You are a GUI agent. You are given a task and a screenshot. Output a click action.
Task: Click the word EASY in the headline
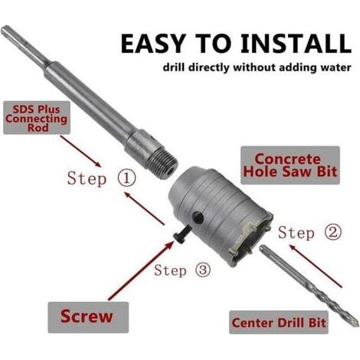pyautogui.click(x=152, y=43)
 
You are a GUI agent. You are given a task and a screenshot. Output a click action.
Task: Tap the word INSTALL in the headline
pyautogui.click(x=296, y=43)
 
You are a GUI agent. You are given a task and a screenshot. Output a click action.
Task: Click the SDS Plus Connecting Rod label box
pyautogui.click(x=37, y=118)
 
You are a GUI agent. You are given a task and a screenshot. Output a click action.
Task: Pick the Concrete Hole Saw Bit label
pyautogui.click(x=290, y=165)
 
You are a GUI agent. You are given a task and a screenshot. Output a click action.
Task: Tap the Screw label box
pyautogui.click(x=88, y=317)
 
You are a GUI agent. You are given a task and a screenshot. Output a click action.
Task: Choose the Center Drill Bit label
pyautogui.click(x=279, y=322)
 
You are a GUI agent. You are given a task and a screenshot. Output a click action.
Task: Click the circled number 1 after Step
pyautogui.click(x=126, y=178)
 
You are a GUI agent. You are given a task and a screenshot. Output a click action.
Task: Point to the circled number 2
pyautogui.click(x=332, y=233)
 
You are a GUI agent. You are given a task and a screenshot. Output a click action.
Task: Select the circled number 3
pyautogui.click(x=203, y=270)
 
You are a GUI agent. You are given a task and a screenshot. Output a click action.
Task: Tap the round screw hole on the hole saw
pyautogui.click(x=198, y=218)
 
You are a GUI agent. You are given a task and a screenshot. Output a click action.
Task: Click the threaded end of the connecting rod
pyautogui.click(x=163, y=162)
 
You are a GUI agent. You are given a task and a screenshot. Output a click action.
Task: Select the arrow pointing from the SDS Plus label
pyautogui.click(x=80, y=151)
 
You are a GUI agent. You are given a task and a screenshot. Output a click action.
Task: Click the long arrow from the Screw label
pyautogui.click(x=141, y=270)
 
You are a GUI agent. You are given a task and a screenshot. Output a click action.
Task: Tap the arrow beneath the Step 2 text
pyautogui.click(x=315, y=266)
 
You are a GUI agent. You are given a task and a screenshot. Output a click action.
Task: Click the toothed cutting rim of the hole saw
pyautogui.click(x=251, y=240)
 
